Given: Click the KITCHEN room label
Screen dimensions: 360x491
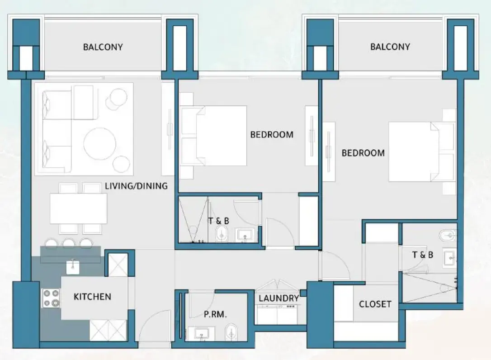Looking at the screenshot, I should click(x=92, y=297).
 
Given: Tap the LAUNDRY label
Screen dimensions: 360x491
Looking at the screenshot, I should click(x=279, y=298).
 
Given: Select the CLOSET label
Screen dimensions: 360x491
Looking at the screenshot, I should click(x=375, y=304).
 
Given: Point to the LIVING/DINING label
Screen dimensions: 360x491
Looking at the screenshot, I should click(x=136, y=185).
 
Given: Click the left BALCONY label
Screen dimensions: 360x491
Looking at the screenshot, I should click(x=103, y=47).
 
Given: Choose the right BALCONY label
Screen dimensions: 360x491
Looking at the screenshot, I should click(x=390, y=47).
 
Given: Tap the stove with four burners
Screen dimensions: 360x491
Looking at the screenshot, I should click(x=51, y=298).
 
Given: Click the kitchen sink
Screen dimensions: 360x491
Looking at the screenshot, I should click(x=73, y=267).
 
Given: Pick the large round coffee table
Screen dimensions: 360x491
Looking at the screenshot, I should click(x=100, y=143).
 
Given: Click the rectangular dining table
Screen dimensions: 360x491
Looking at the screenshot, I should click(x=78, y=208).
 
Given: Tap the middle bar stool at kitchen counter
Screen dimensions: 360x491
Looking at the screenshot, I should click(x=69, y=244).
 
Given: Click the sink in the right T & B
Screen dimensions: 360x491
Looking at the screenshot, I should click(x=451, y=258).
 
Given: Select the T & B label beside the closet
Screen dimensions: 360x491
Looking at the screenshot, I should click(x=422, y=255).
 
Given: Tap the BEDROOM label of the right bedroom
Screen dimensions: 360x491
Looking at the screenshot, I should click(x=363, y=153).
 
